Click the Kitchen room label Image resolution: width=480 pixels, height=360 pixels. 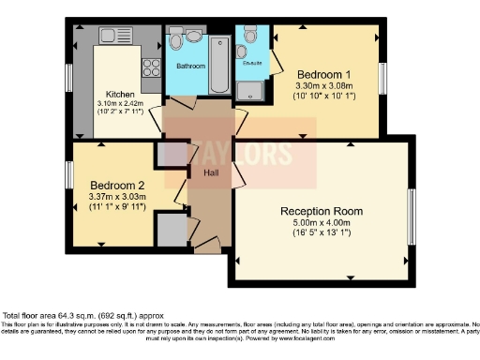120,95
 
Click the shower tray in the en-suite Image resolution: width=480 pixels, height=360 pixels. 252,90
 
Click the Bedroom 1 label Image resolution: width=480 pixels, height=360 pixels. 323,73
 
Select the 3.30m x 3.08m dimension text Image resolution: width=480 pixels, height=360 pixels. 323,84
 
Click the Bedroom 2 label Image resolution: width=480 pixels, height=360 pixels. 117,186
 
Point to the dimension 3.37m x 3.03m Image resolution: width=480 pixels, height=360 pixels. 117,197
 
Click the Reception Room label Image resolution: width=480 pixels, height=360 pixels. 322,211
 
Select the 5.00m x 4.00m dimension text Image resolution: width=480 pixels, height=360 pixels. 322,223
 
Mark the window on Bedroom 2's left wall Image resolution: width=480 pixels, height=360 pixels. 68,174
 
